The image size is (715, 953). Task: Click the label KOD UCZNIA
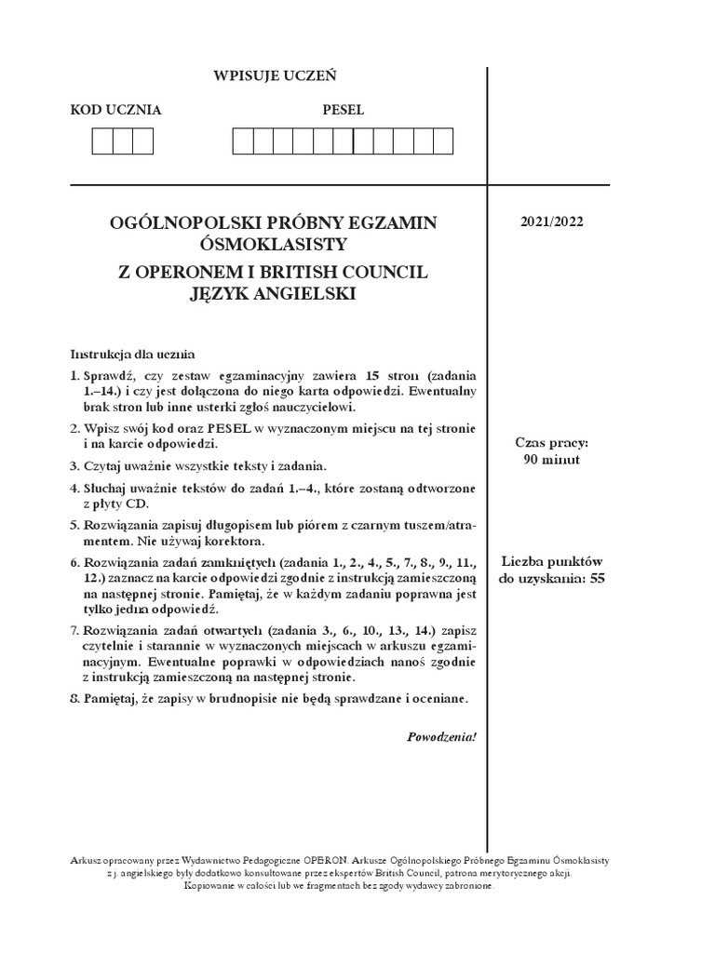pyautogui.click(x=116, y=110)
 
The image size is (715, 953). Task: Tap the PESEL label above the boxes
pyautogui.click(x=343, y=110)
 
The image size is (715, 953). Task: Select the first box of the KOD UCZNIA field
pyautogui.click(x=101, y=141)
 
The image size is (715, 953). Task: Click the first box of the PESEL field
pyautogui.click(x=242, y=141)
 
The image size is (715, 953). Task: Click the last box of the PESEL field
pyautogui.click(x=442, y=141)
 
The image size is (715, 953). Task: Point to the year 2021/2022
pyautogui.click(x=553, y=221)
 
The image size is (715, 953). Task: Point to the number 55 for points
pyautogui.click(x=597, y=578)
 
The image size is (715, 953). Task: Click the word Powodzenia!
pyautogui.click(x=442, y=737)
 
